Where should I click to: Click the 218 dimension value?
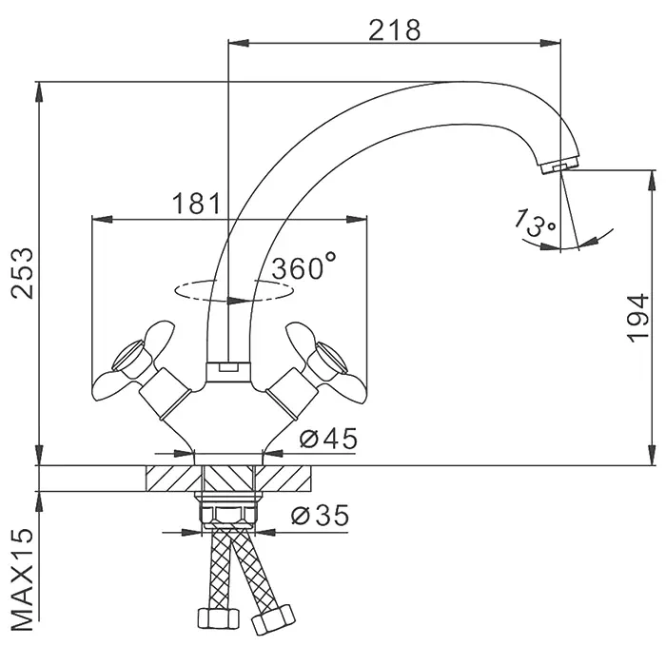(394, 30)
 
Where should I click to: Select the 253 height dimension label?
(22, 273)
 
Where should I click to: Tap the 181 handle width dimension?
(197, 204)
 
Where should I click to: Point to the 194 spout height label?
(638, 317)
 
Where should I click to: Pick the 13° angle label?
(535, 222)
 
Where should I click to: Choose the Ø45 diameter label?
(328, 439)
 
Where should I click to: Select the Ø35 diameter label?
(320, 516)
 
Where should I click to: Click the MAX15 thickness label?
(21, 579)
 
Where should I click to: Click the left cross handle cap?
(127, 354)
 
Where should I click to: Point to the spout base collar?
(228, 373)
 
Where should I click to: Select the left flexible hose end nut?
(218, 618)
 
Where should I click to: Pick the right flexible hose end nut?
(273, 619)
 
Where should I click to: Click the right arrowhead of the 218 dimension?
(551, 43)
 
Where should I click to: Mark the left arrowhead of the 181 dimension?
(103, 219)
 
